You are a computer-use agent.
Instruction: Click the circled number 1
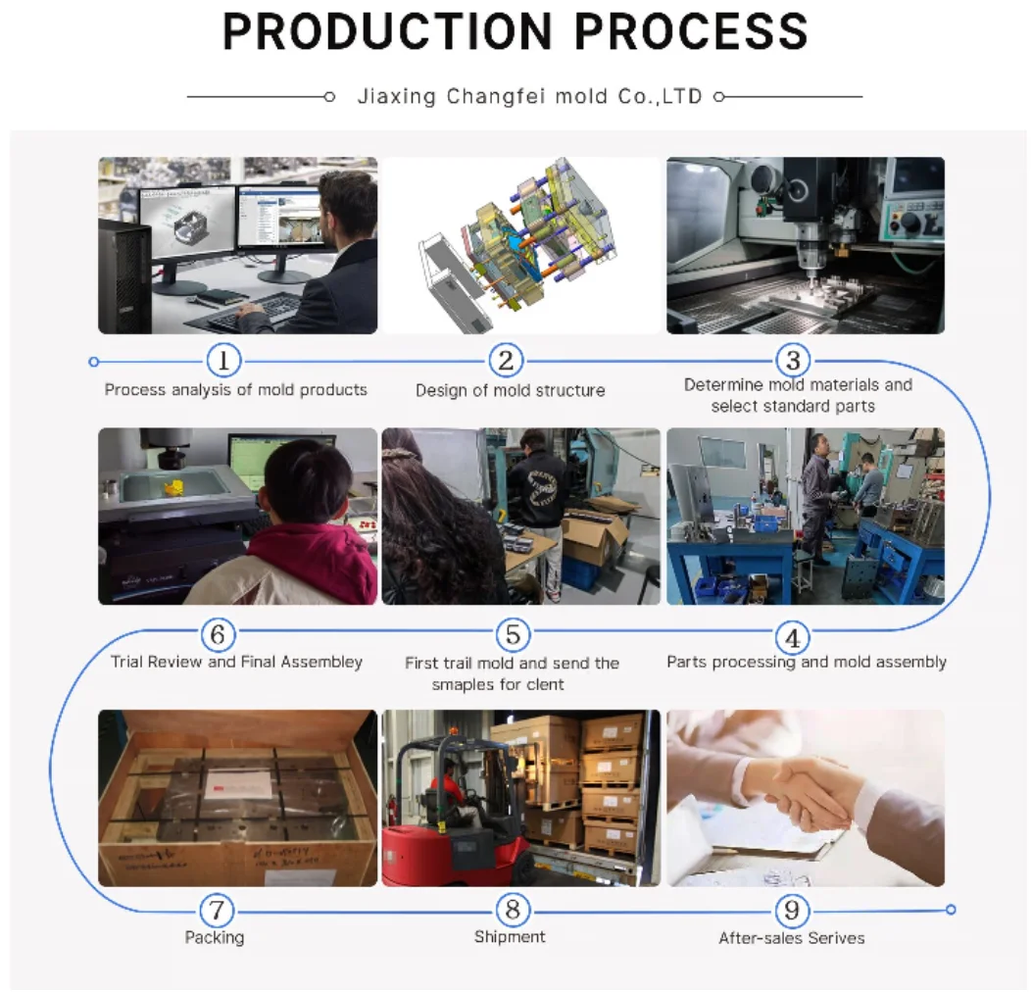(223, 361)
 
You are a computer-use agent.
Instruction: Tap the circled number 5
(513, 635)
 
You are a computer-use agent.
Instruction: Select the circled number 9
(792, 911)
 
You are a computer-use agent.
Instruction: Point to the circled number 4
(792, 639)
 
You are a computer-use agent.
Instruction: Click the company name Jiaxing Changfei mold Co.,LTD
(529, 97)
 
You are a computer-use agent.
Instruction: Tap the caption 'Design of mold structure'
(511, 390)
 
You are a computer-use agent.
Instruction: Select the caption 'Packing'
(215, 937)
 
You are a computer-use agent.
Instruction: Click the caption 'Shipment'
(510, 937)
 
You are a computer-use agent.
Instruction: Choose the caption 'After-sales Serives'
(792, 938)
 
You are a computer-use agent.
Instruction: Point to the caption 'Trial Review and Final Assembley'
(236, 662)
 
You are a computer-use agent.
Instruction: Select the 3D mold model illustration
(515, 245)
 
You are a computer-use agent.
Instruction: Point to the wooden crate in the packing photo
(237, 799)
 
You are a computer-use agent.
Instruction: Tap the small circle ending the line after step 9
(951, 911)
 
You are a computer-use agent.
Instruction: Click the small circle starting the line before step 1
(94, 361)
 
